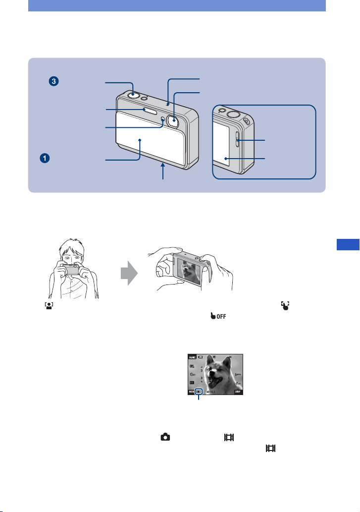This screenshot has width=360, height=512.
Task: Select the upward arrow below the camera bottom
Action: (x=163, y=173)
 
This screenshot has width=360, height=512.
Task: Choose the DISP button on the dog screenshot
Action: (x=238, y=391)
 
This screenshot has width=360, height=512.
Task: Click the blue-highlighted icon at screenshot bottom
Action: (x=199, y=391)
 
